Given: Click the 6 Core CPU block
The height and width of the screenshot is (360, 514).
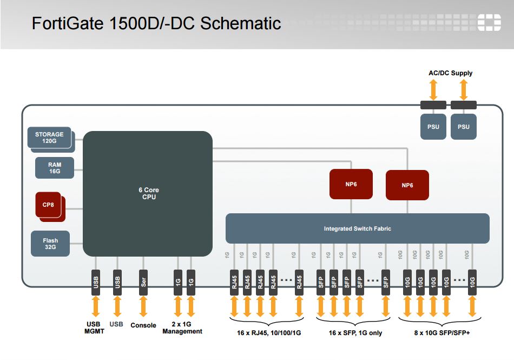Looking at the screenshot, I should (x=147, y=194).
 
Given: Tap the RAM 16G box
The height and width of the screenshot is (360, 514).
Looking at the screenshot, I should (x=54, y=168).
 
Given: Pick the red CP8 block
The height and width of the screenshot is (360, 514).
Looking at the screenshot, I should (x=49, y=205).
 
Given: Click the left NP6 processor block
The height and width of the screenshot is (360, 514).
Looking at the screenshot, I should (x=352, y=184).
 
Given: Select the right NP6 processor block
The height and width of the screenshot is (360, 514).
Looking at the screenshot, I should (x=407, y=185).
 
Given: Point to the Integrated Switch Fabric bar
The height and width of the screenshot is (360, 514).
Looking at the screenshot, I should (x=357, y=228).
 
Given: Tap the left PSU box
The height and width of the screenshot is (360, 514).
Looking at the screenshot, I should (x=433, y=127).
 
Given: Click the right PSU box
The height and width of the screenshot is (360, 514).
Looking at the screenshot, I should (x=464, y=127).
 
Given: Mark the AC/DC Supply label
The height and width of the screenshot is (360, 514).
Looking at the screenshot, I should (x=450, y=73).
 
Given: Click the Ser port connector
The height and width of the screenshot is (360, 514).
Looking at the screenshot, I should (x=143, y=282).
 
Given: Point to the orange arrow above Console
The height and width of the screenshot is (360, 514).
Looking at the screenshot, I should (x=143, y=307).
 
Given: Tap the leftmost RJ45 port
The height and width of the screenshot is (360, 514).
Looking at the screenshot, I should (x=234, y=282).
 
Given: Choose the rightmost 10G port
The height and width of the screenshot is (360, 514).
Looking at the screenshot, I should (x=472, y=282).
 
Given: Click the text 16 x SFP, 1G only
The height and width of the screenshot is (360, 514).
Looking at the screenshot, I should (x=355, y=333).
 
